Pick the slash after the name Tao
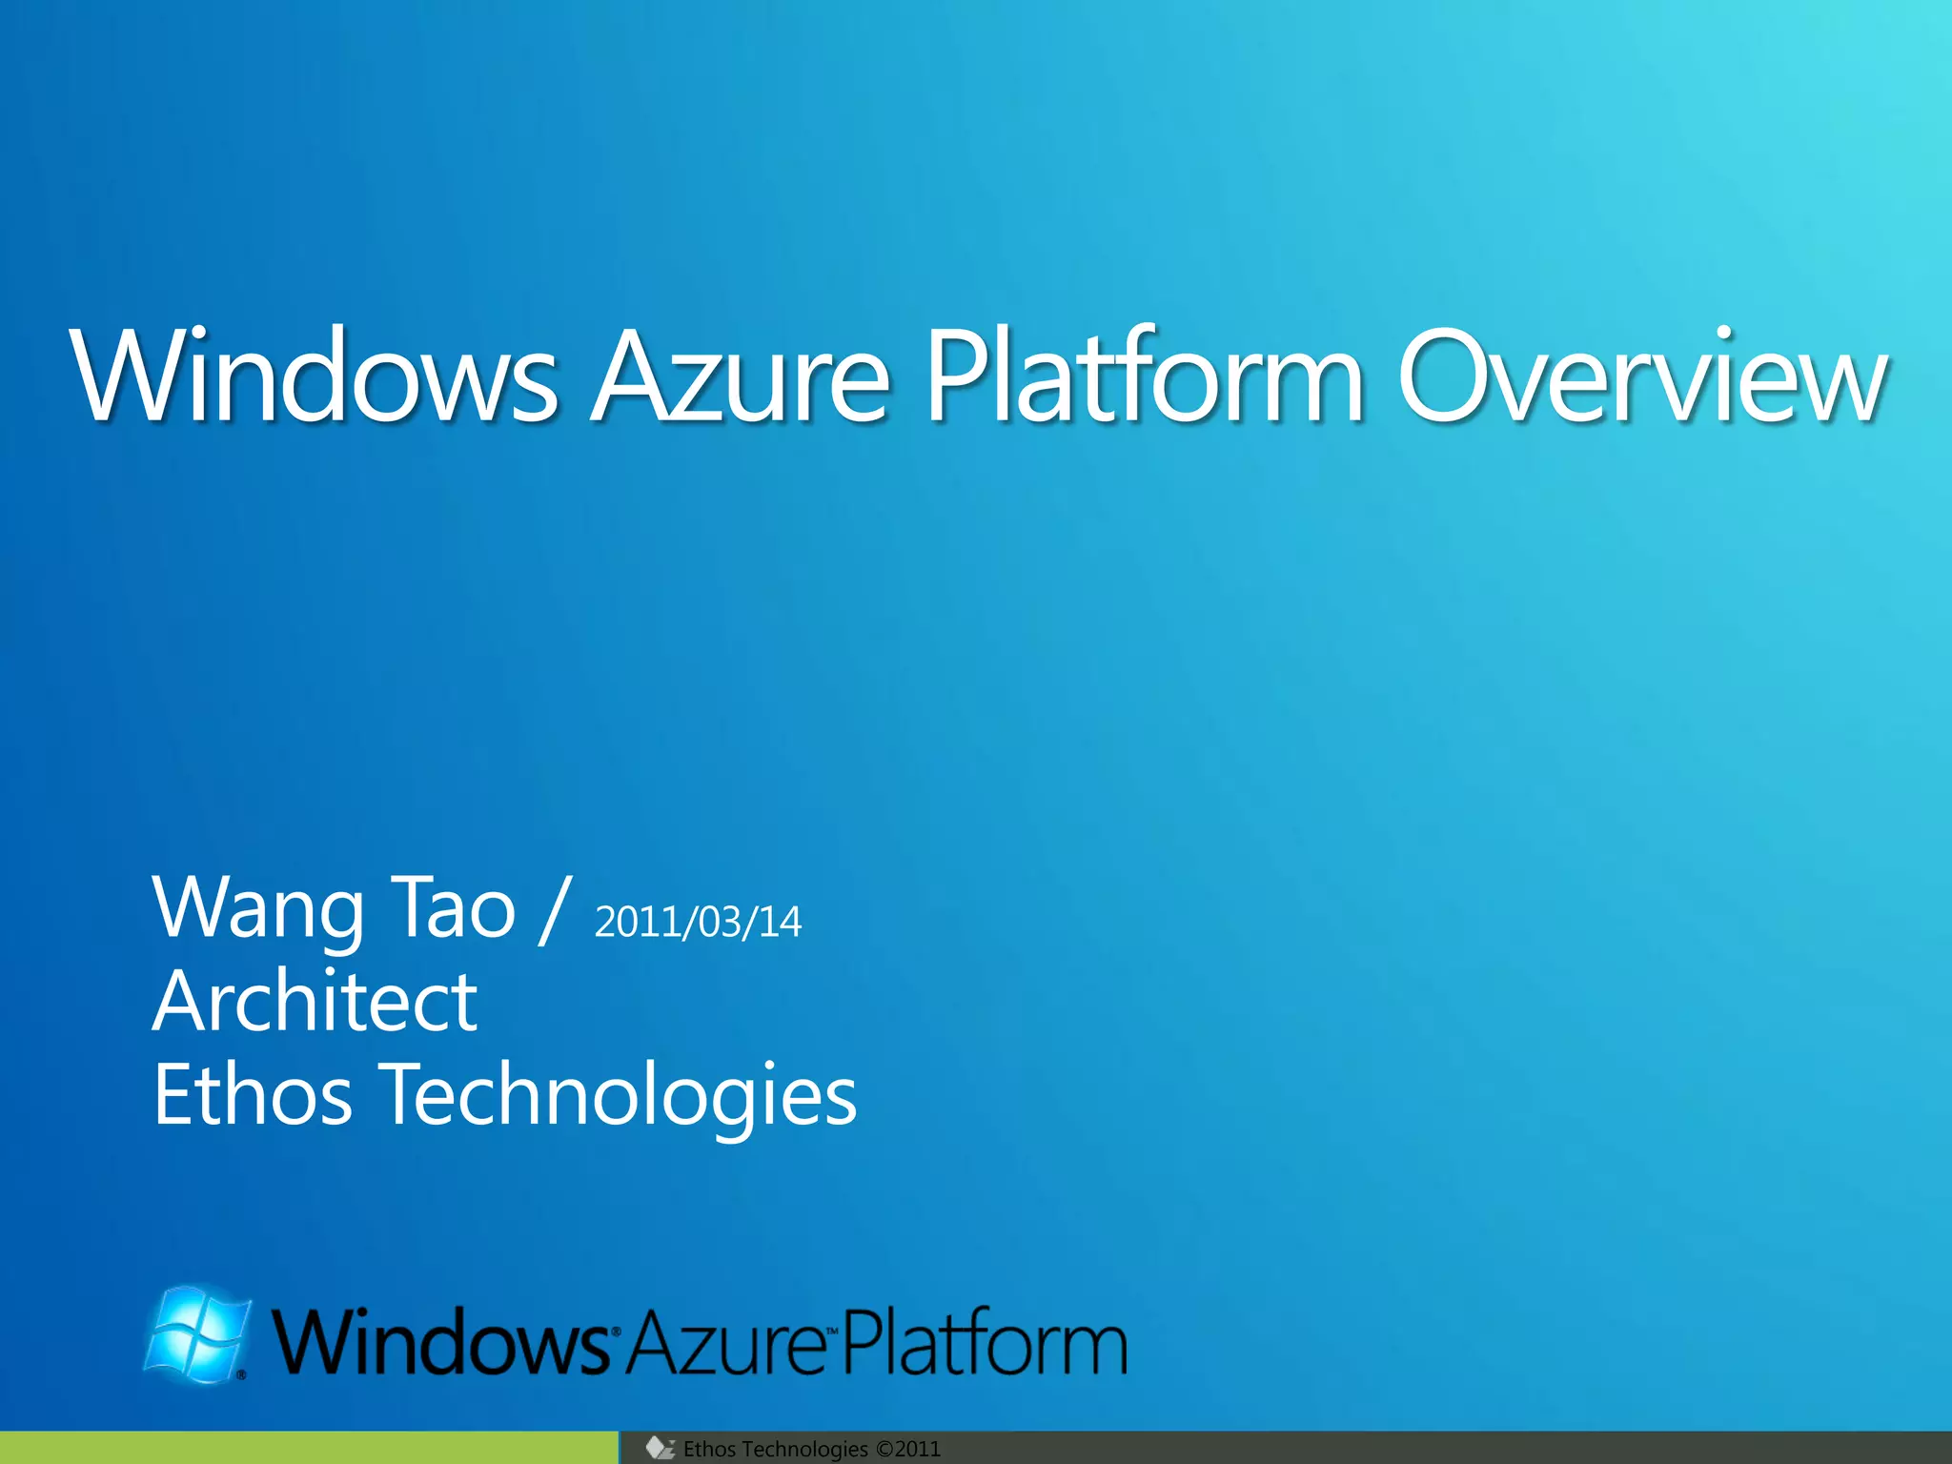[x=554, y=910]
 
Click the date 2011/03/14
[x=698, y=923]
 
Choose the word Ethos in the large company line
[x=253, y=1095]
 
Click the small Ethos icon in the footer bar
[x=660, y=1449]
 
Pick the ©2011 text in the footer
[x=907, y=1449]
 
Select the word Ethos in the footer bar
[x=709, y=1449]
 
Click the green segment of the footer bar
[x=309, y=1448]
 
